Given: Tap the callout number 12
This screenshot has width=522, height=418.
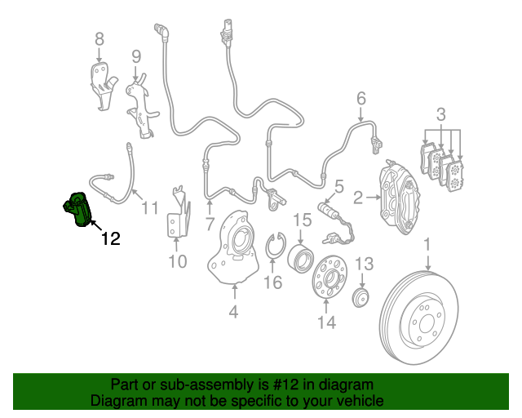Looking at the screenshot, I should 110,239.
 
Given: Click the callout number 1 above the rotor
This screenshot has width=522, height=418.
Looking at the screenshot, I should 427,245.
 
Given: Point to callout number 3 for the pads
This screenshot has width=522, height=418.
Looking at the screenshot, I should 440,113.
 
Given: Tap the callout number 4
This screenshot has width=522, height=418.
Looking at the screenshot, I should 233,311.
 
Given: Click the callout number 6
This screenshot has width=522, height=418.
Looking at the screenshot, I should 361,100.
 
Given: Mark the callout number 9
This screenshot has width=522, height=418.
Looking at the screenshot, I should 135,56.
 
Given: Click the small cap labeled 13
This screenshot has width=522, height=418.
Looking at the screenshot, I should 361,296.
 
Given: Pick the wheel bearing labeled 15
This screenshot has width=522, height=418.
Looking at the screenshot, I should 299,258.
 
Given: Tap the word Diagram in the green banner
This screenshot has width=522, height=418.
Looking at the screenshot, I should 117,401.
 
